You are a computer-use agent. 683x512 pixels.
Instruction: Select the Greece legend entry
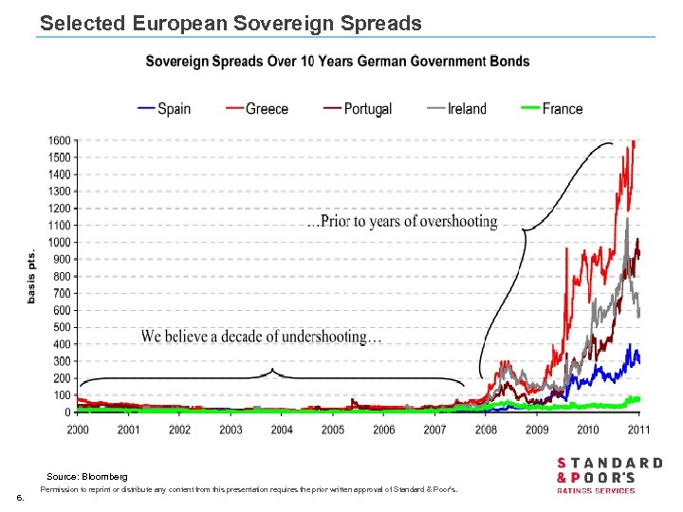point(258,109)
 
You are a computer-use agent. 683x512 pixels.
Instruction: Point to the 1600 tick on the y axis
point(60,140)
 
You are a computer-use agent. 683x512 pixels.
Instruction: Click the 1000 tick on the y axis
point(60,243)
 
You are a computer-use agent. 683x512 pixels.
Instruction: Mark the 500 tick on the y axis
point(62,327)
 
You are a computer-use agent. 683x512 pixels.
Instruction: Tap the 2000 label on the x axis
point(79,430)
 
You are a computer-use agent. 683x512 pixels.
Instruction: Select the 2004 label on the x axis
point(282,430)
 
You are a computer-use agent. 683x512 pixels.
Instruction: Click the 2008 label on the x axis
point(486,430)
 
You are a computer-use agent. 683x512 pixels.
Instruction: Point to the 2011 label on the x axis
point(638,430)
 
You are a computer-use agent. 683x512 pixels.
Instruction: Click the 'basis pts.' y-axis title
point(31,276)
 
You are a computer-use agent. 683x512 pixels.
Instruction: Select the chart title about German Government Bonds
point(337,62)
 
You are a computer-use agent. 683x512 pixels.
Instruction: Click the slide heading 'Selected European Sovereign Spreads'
point(231,23)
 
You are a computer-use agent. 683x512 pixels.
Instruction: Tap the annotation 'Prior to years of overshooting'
point(402,222)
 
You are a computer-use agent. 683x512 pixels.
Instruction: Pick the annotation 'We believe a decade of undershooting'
point(262,337)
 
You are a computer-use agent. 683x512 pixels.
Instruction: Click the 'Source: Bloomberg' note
point(87,475)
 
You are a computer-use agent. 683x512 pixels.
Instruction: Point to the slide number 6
point(19,497)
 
